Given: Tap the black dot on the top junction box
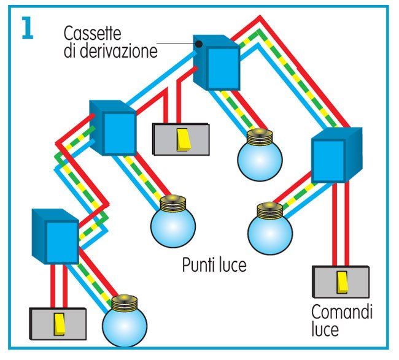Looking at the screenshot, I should click(x=199, y=44).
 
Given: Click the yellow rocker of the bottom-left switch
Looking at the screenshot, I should click(x=60, y=322).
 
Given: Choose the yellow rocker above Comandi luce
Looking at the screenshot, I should click(x=342, y=281).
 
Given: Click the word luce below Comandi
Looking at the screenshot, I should click(x=325, y=330).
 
